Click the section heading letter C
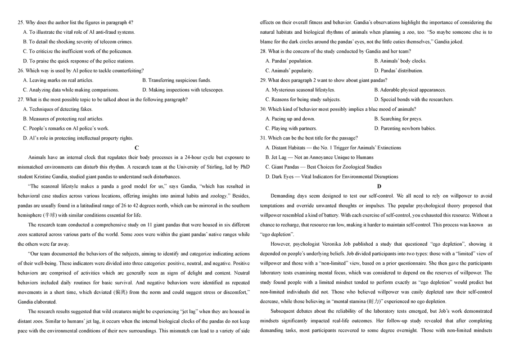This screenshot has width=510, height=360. pyautogui.click(x=137, y=148)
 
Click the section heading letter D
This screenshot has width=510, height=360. pyautogui.click(x=379, y=186)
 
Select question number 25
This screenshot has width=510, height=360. pyautogui.click(x=21, y=22)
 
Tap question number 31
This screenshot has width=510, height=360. pyautogui.click(x=263, y=138)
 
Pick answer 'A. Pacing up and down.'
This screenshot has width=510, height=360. pyautogui.click(x=290, y=119)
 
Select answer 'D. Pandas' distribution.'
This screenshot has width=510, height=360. pyautogui.click(x=398, y=71)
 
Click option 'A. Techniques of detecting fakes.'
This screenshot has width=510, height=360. pyautogui.click(x=58, y=109)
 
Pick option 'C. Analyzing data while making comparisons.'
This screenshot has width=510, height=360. pyautogui.click(x=71, y=90)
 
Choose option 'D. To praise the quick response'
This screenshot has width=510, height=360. pyautogui.click(x=78, y=61)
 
